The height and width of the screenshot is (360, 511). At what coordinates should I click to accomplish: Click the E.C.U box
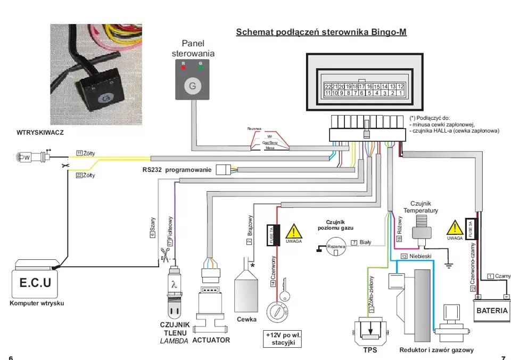36,283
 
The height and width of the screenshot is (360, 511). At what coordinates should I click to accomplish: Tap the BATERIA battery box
492,310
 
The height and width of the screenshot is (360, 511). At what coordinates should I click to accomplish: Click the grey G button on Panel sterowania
192,85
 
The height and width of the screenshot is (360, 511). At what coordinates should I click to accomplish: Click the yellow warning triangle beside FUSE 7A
293,232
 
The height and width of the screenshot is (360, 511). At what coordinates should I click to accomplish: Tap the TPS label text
370,350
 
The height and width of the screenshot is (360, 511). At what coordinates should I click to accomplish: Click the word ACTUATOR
211,340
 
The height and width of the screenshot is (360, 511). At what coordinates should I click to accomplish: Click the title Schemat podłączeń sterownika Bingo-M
321,32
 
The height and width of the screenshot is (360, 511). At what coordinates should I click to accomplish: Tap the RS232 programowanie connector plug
222,170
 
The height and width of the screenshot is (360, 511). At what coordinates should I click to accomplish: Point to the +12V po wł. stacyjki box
283,339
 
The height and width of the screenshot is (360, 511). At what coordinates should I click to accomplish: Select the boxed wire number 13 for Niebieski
404,256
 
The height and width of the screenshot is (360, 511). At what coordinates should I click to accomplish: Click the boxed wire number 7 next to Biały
353,243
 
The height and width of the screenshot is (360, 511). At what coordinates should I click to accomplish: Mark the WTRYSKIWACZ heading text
40,133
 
